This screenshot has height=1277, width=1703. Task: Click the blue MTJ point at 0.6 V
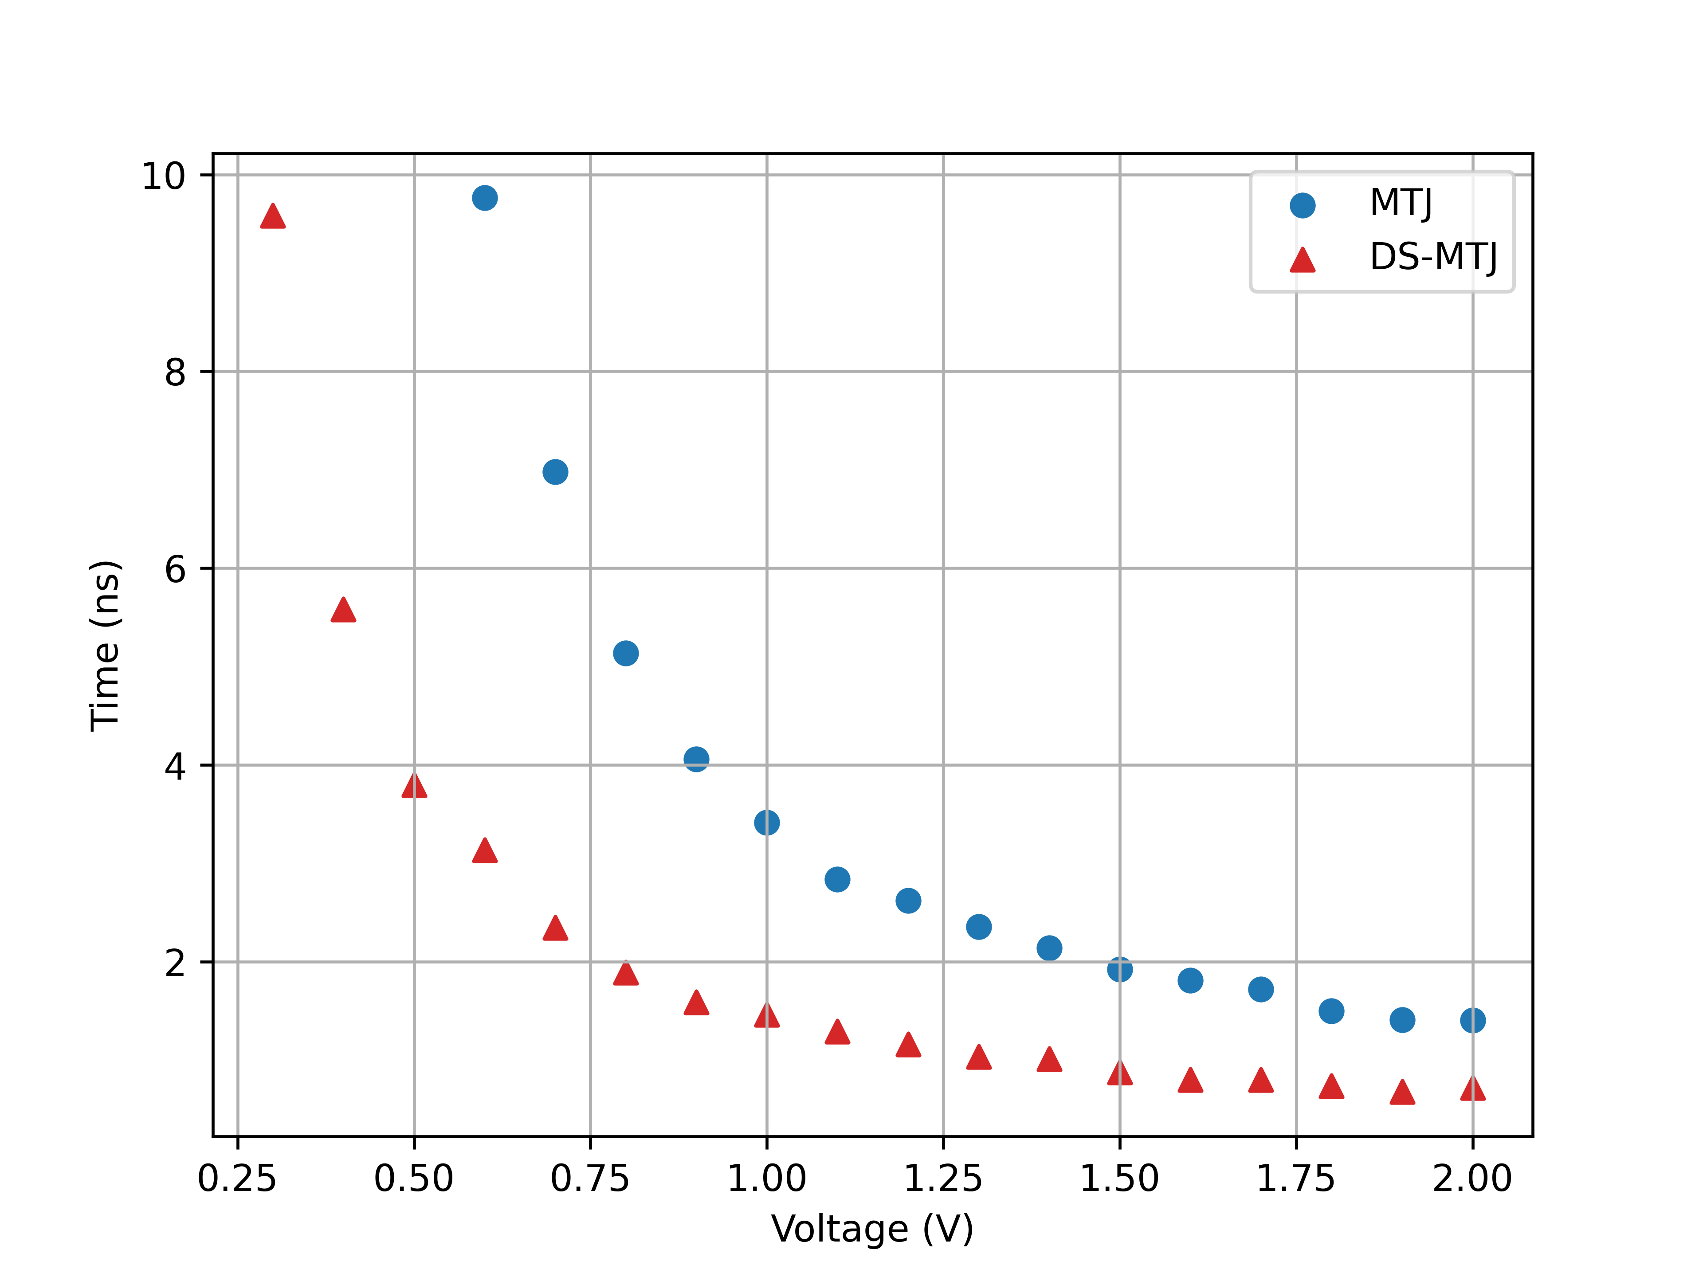484,198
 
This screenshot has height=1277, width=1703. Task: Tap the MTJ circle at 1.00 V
767,823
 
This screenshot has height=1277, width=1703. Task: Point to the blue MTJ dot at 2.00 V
1473,1021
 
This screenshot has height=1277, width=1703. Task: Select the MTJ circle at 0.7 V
555,472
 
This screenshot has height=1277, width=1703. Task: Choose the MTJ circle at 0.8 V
626,654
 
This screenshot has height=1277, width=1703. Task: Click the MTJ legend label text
1401,203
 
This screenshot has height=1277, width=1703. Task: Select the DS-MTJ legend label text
1433,257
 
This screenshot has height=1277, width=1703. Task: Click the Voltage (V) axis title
872,1229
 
